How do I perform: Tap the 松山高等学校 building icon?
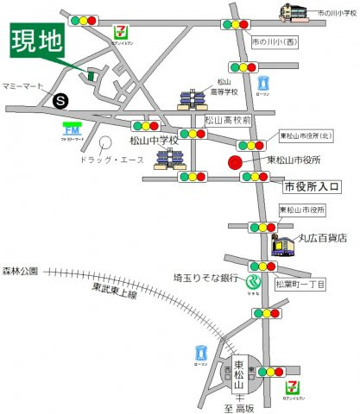tap(190, 100)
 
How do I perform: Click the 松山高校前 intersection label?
tap(228, 121)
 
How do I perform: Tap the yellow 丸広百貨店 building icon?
tap(285, 246)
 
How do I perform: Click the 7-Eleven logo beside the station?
tap(294, 377)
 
